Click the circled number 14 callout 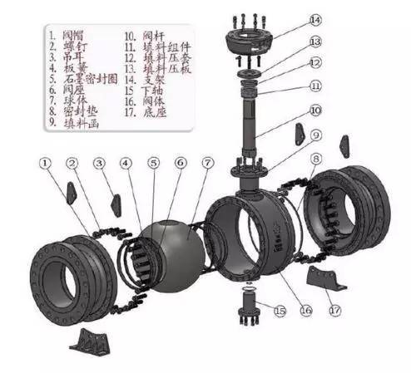coord(315,18)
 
